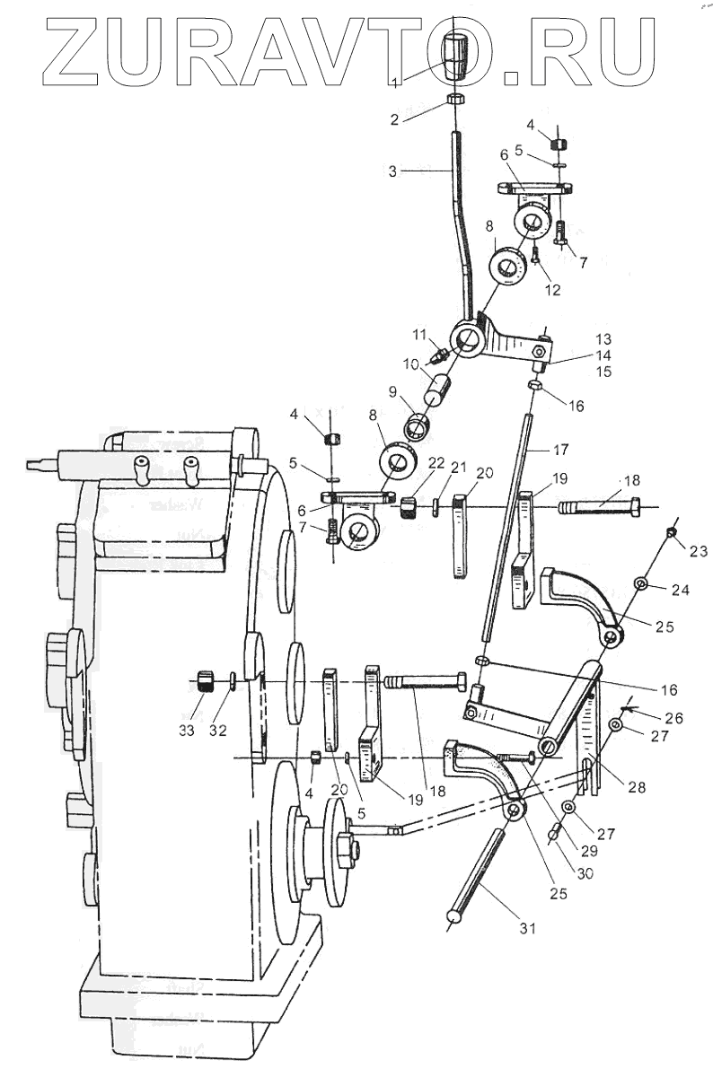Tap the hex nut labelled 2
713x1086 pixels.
pos(454,98)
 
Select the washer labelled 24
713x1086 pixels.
pos(639,584)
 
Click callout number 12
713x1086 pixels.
pos(551,289)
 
